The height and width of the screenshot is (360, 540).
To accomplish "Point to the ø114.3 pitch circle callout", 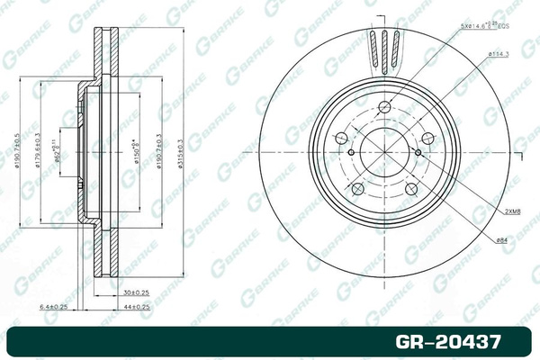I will click(x=500, y=56).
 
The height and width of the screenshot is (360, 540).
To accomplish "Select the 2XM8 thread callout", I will click(x=513, y=211).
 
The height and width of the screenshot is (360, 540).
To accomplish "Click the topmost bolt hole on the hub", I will click(x=384, y=109).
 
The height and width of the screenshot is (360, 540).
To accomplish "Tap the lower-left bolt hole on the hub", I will click(x=356, y=189).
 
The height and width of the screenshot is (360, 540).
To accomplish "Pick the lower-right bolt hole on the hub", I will click(x=410, y=189).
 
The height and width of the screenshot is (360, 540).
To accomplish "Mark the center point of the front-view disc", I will click(x=384, y=153).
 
